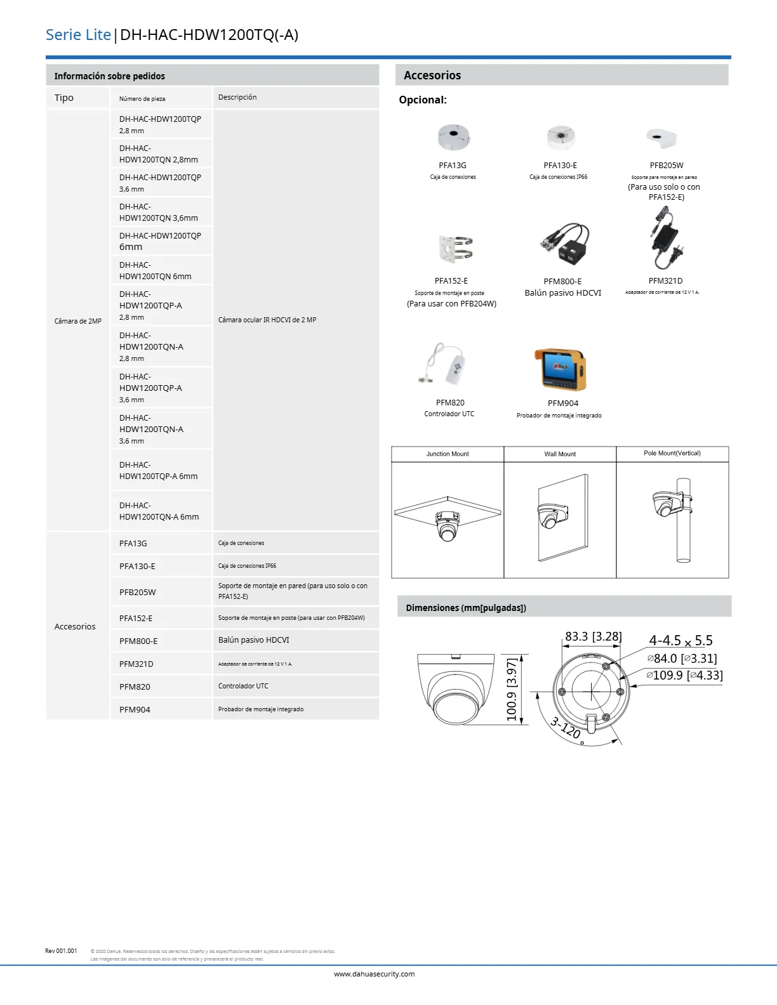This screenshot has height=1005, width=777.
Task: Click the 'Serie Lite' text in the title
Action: [x=78, y=35]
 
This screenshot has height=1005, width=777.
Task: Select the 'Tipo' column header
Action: [x=64, y=98]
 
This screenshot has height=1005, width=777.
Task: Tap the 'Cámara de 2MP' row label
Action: [x=78, y=321]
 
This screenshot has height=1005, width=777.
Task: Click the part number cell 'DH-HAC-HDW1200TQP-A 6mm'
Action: [x=159, y=470]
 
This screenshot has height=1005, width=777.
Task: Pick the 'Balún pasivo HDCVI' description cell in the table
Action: [x=254, y=640]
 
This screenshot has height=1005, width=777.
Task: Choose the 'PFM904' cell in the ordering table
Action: [x=135, y=709]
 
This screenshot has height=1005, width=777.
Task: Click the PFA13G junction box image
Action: [x=453, y=137]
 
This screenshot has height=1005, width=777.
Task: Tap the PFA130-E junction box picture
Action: [x=561, y=137]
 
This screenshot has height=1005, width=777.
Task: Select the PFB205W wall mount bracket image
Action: [x=662, y=137]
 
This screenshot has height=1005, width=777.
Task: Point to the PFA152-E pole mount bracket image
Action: [x=455, y=248]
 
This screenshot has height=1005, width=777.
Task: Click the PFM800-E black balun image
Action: [x=564, y=243]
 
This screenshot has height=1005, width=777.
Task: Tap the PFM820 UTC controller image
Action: [x=447, y=365]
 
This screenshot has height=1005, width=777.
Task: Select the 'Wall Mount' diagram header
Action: [x=560, y=454]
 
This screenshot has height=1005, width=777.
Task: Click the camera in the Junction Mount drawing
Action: [x=448, y=524]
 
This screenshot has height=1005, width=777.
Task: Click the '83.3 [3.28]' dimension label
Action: [x=594, y=636]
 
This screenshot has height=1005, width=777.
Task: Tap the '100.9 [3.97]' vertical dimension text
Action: [x=512, y=690]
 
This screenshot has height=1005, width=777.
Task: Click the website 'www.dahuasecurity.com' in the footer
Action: [x=375, y=974]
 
